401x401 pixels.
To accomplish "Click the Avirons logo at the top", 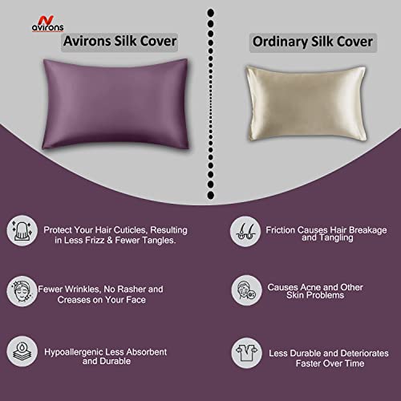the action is (x=48, y=24).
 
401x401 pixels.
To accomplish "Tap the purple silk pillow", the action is (x=115, y=104).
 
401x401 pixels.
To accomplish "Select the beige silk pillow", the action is (x=306, y=103).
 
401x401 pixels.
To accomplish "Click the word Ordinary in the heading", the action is (x=280, y=42).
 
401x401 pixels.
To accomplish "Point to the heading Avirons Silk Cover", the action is (x=119, y=42).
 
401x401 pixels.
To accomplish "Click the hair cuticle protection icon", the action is (x=22, y=231).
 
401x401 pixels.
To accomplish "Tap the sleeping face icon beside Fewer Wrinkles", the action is (x=22, y=291).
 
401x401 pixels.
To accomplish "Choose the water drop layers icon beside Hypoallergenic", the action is (x=22, y=351).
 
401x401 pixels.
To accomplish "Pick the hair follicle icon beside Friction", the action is (x=245, y=232).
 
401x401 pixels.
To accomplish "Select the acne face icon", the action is (x=246, y=290).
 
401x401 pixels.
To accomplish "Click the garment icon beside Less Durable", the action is (x=246, y=353).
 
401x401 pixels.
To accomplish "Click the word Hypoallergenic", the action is (x=74, y=352).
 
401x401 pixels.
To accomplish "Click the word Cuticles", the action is (x=131, y=230).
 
